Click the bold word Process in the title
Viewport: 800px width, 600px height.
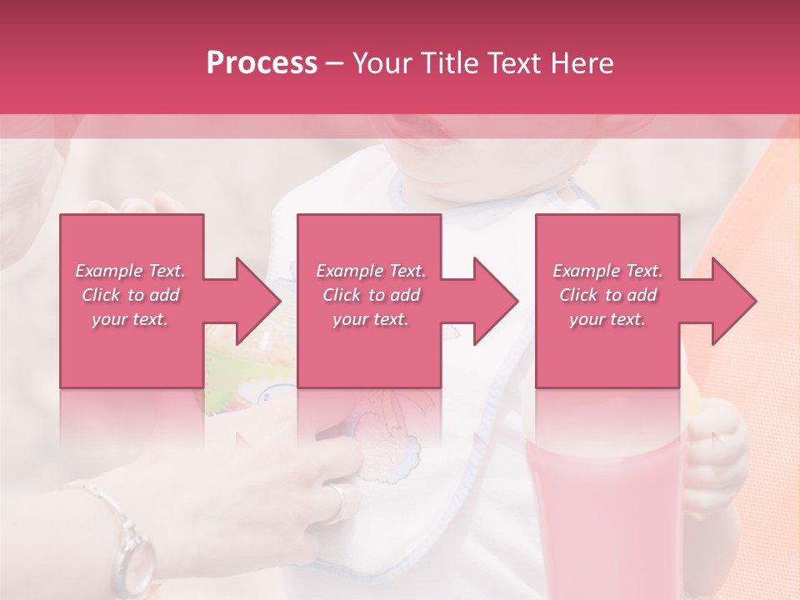click(x=262, y=63)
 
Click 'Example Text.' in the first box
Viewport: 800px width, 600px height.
click(x=130, y=271)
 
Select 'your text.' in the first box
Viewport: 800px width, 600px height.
click(x=130, y=319)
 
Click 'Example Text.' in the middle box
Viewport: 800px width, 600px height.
click(x=371, y=271)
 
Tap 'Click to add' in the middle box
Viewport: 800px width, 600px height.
click(x=371, y=295)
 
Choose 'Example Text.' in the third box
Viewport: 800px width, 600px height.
click(x=607, y=271)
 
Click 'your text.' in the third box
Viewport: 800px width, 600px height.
click(x=607, y=319)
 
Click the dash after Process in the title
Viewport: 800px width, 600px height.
click(x=335, y=63)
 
